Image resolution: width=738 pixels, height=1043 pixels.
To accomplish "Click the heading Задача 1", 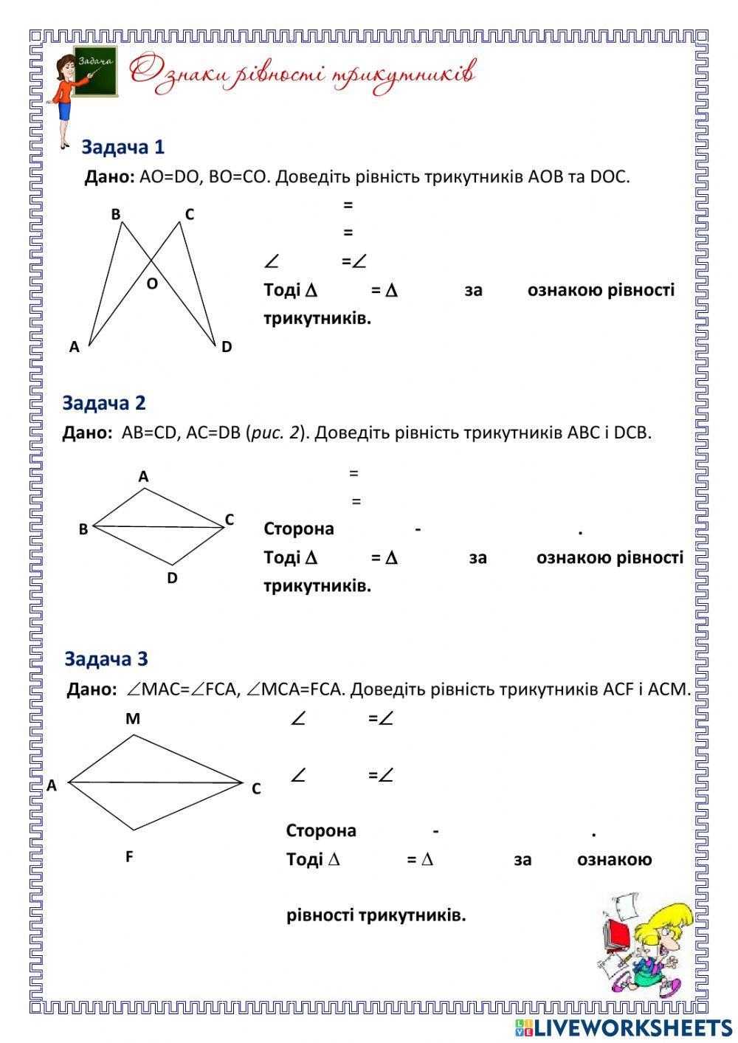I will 123,147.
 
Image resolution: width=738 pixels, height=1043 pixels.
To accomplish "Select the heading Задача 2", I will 104,403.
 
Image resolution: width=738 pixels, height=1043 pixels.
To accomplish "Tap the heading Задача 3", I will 106,658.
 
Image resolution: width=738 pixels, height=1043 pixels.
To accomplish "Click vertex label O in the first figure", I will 152,283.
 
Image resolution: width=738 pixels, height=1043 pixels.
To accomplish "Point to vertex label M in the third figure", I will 133,718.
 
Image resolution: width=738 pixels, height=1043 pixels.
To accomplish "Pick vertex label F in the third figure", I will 129,857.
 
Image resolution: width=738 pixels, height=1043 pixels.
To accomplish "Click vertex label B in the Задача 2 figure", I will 83,529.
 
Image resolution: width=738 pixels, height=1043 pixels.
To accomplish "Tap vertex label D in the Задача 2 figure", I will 172,578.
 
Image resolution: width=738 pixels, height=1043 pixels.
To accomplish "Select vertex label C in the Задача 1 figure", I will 190,215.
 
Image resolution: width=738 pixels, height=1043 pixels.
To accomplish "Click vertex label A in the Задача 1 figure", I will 74,347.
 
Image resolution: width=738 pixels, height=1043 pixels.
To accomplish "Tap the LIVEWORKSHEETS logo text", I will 632,1027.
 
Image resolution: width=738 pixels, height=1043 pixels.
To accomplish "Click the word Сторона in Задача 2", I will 299,529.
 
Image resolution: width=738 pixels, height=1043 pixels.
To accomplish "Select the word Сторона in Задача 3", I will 321,830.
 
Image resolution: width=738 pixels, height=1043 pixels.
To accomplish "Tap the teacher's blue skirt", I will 65,110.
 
